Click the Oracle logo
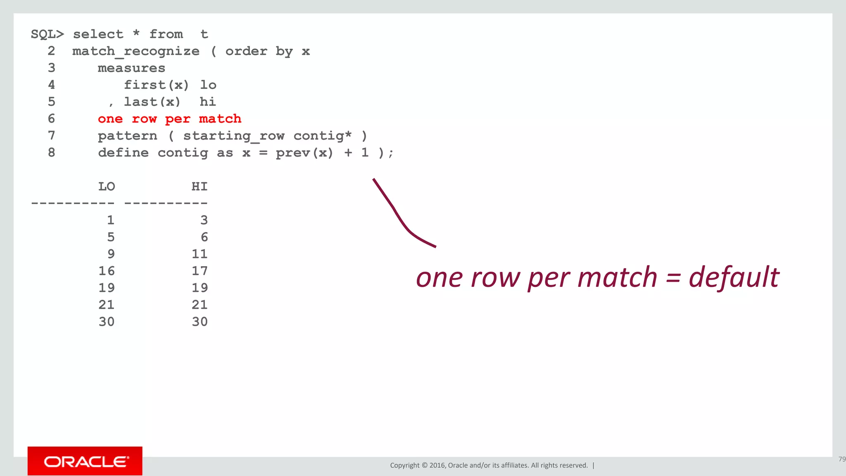point(85,461)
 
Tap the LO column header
point(107,187)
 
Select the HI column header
point(200,187)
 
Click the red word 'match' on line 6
point(220,119)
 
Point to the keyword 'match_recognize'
point(136,52)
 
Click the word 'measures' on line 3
point(131,68)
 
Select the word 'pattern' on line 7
point(127,136)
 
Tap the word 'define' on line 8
point(123,153)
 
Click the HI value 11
point(200,254)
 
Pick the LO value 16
point(107,271)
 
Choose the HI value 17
point(200,271)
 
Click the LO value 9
point(111,254)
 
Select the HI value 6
point(204,237)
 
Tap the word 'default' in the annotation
point(734,277)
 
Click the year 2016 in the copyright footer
point(437,465)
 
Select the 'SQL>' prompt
point(48,34)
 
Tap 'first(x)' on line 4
point(156,85)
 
